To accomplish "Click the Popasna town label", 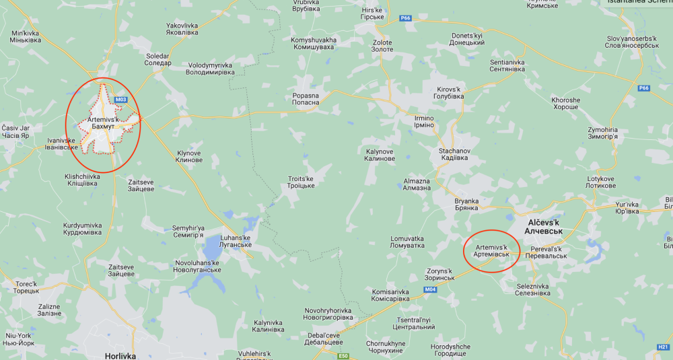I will (x=306, y=100).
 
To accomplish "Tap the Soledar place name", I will (x=157, y=59).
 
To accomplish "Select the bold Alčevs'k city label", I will (x=543, y=225).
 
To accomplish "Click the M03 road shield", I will (x=121, y=100).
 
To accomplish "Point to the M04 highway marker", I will (x=431, y=289).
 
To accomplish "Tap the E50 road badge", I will (x=343, y=355).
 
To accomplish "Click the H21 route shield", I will (x=662, y=347).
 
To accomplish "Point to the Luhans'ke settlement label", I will (x=236, y=241).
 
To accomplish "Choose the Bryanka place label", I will (x=466, y=205).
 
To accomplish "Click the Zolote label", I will (x=382, y=46).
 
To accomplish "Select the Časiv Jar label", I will (x=15, y=131).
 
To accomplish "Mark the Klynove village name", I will (x=188, y=157).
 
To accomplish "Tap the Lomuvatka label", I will (x=407, y=242).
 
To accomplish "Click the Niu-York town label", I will (x=19, y=338).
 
